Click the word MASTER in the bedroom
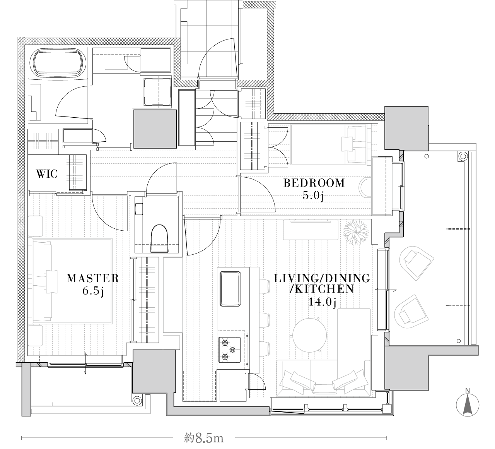pyautogui.click(x=91, y=279)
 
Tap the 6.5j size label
pyautogui.click(x=93, y=291)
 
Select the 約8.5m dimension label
pyautogui.click(x=204, y=438)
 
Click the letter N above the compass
pyautogui.click(x=468, y=390)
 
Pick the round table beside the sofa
pyautogui.click(x=310, y=335)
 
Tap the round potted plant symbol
pyautogui.click(x=356, y=232)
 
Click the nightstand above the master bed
pyautogui.click(x=35, y=226)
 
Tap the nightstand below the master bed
pyautogui.click(x=35, y=336)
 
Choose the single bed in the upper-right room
pyautogui.click(x=329, y=144)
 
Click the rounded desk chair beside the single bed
pyautogui.click(x=365, y=187)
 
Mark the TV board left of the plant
pyautogui.click(x=311, y=230)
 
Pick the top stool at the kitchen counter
pyautogui.click(x=264, y=286)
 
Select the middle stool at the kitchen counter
pyautogui.click(x=264, y=320)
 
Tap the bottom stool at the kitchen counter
pyautogui.click(x=264, y=348)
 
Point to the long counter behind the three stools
pyautogui.click(x=254, y=320)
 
